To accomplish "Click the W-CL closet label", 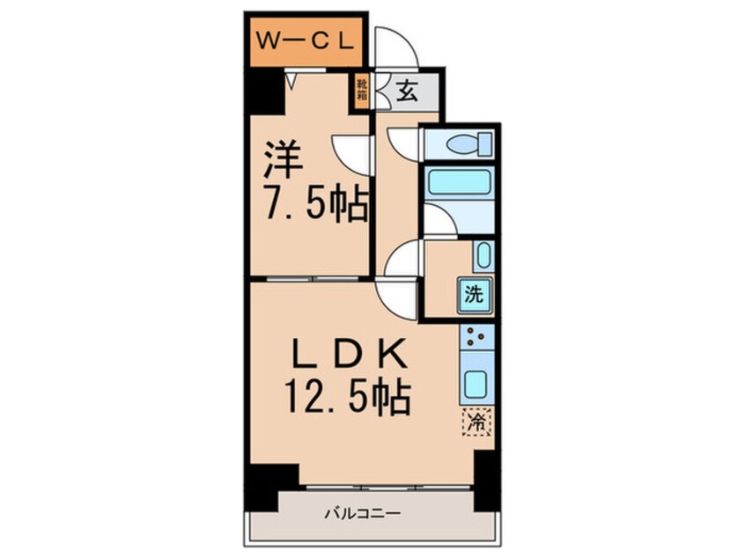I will [305, 40].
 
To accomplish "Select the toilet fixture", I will [461, 143].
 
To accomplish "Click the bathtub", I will [458, 183].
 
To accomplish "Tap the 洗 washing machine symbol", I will [475, 295].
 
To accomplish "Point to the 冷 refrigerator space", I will [476, 423].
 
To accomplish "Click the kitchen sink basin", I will [476, 384].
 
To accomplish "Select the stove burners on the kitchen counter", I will [476, 337].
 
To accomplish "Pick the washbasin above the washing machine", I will [483, 256].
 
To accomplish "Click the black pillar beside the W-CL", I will [262, 92].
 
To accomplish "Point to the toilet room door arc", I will [404, 143].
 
